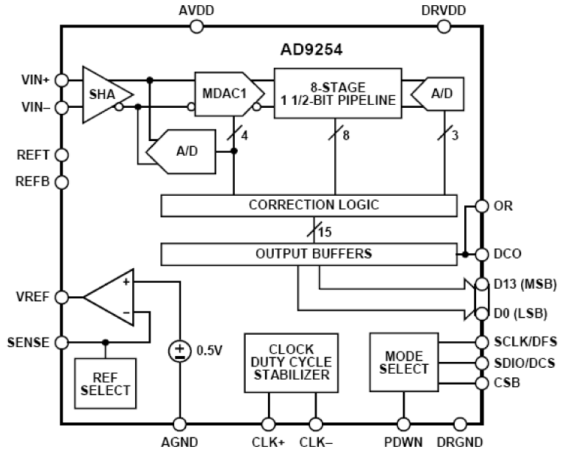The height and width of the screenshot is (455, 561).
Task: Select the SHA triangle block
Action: coord(104,94)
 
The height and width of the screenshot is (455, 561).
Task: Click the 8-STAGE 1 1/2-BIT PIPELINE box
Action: coord(337,93)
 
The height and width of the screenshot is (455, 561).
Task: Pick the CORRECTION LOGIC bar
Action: coord(313,205)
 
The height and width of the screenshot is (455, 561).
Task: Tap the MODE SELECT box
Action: coord(404,362)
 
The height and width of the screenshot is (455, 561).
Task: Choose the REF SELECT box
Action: coord(105,382)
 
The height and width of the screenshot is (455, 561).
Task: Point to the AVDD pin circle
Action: coord(196,27)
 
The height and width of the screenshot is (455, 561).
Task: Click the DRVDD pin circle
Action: coord(444,27)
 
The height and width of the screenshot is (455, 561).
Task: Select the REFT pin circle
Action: coord(61,154)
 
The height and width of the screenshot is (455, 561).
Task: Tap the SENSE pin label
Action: coord(28,343)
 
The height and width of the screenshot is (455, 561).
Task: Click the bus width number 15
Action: coord(324,232)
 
